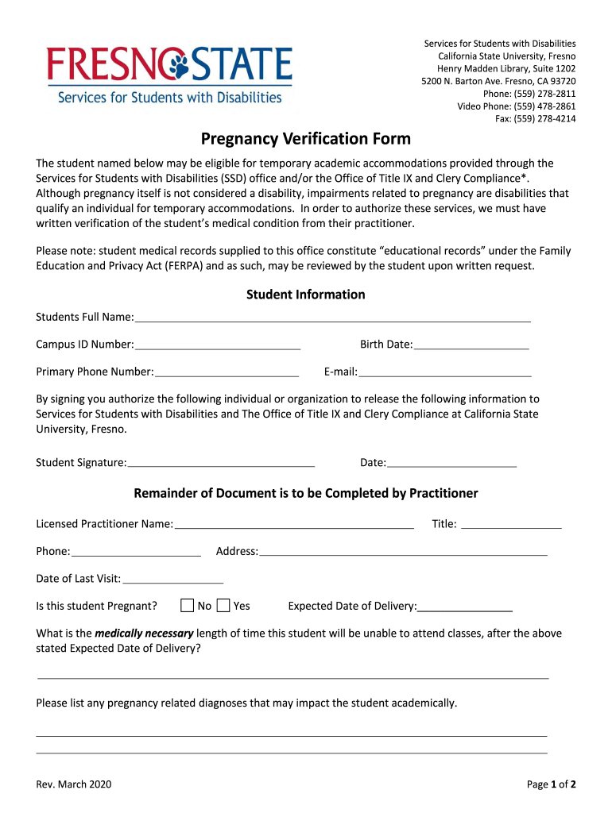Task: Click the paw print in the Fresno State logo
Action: click(x=175, y=64)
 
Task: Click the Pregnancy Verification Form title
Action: click(x=305, y=140)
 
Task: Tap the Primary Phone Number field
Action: click(x=227, y=371)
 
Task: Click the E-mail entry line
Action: click(x=445, y=371)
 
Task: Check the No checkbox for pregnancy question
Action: click(x=188, y=606)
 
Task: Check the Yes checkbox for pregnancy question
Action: click(x=223, y=606)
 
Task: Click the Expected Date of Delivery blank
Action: click(x=465, y=606)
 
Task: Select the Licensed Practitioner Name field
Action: click(x=294, y=523)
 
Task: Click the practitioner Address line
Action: click(x=403, y=551)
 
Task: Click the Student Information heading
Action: click(x=305, y=295)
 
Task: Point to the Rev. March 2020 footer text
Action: click(x=74, y=784)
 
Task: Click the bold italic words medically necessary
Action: click(x=144, y=634)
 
